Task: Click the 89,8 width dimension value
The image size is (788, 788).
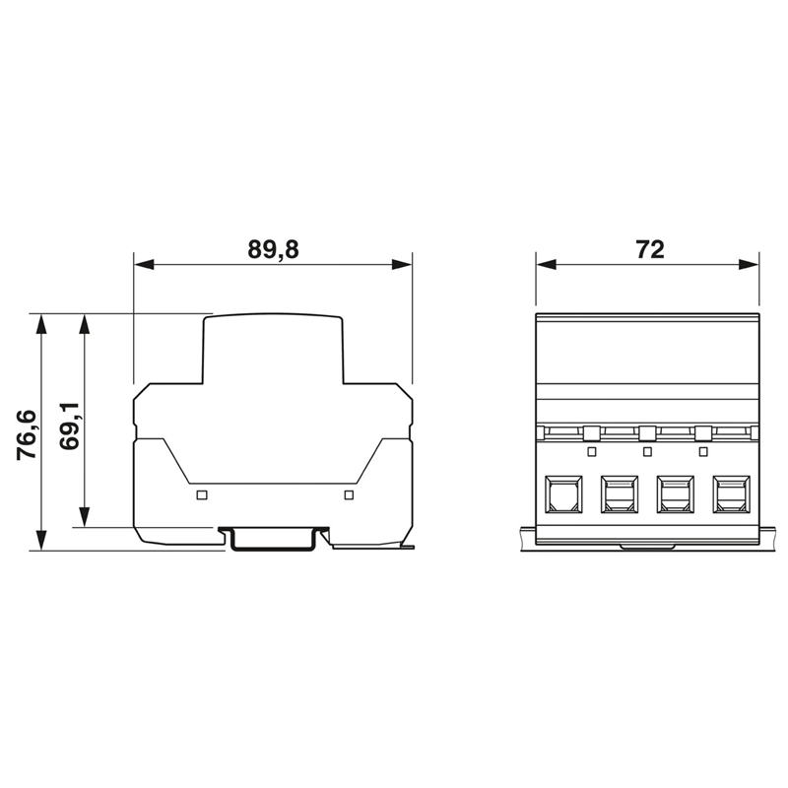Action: tap(273, 250)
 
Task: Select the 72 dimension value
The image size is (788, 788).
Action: tap(650, 249)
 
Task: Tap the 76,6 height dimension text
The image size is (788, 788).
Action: tap(27, 435)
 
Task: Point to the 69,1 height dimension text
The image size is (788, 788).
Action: tap(69, 426)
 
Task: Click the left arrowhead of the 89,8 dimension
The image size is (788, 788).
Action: tap(144, 264)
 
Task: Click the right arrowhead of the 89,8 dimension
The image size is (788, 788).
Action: tap(402, 264)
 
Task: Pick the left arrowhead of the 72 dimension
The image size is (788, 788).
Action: tap(546, 264)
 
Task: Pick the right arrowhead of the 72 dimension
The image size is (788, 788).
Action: tap(749, 264)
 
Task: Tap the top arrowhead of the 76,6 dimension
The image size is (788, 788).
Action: tap(41, 325)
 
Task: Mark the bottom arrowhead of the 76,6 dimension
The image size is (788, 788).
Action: tap(41, 540)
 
